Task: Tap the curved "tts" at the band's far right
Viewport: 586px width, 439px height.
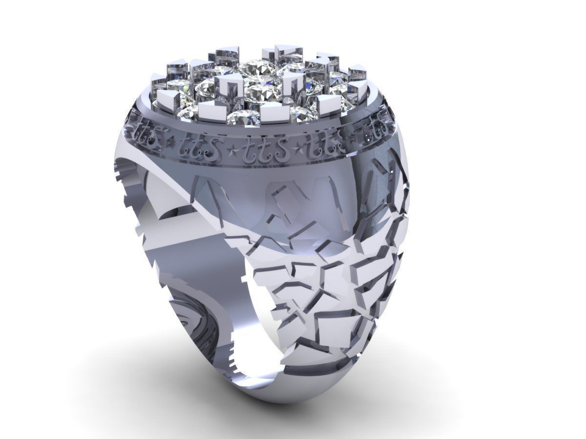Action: pos(376,128)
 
